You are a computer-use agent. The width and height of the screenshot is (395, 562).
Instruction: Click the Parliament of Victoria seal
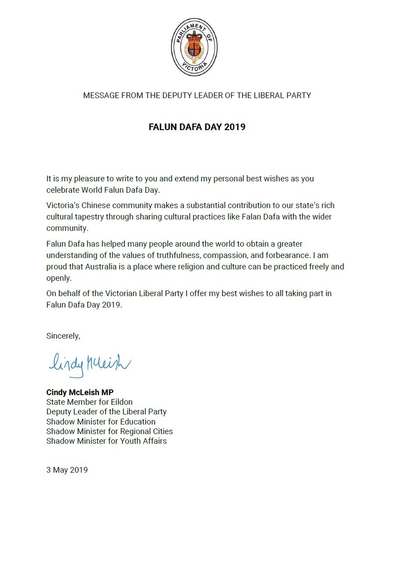(x=194, y=47)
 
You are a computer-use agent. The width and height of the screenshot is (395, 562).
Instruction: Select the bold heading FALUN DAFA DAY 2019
(x=197, y=127)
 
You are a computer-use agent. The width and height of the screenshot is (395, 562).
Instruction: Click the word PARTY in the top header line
(x=299, y=95)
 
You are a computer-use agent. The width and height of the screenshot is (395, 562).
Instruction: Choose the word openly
(x=59, y=278)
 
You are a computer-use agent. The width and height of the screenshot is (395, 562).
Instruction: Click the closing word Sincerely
(x=63, y=336)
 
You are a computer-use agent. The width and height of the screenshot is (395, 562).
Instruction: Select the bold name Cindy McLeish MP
(x=80, y=392)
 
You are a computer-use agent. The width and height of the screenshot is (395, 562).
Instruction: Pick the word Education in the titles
(x=135, y=421)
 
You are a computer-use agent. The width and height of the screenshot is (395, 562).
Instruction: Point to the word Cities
(x=161, y=431)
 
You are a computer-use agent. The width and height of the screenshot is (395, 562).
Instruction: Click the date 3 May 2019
(x=67, y=470)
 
